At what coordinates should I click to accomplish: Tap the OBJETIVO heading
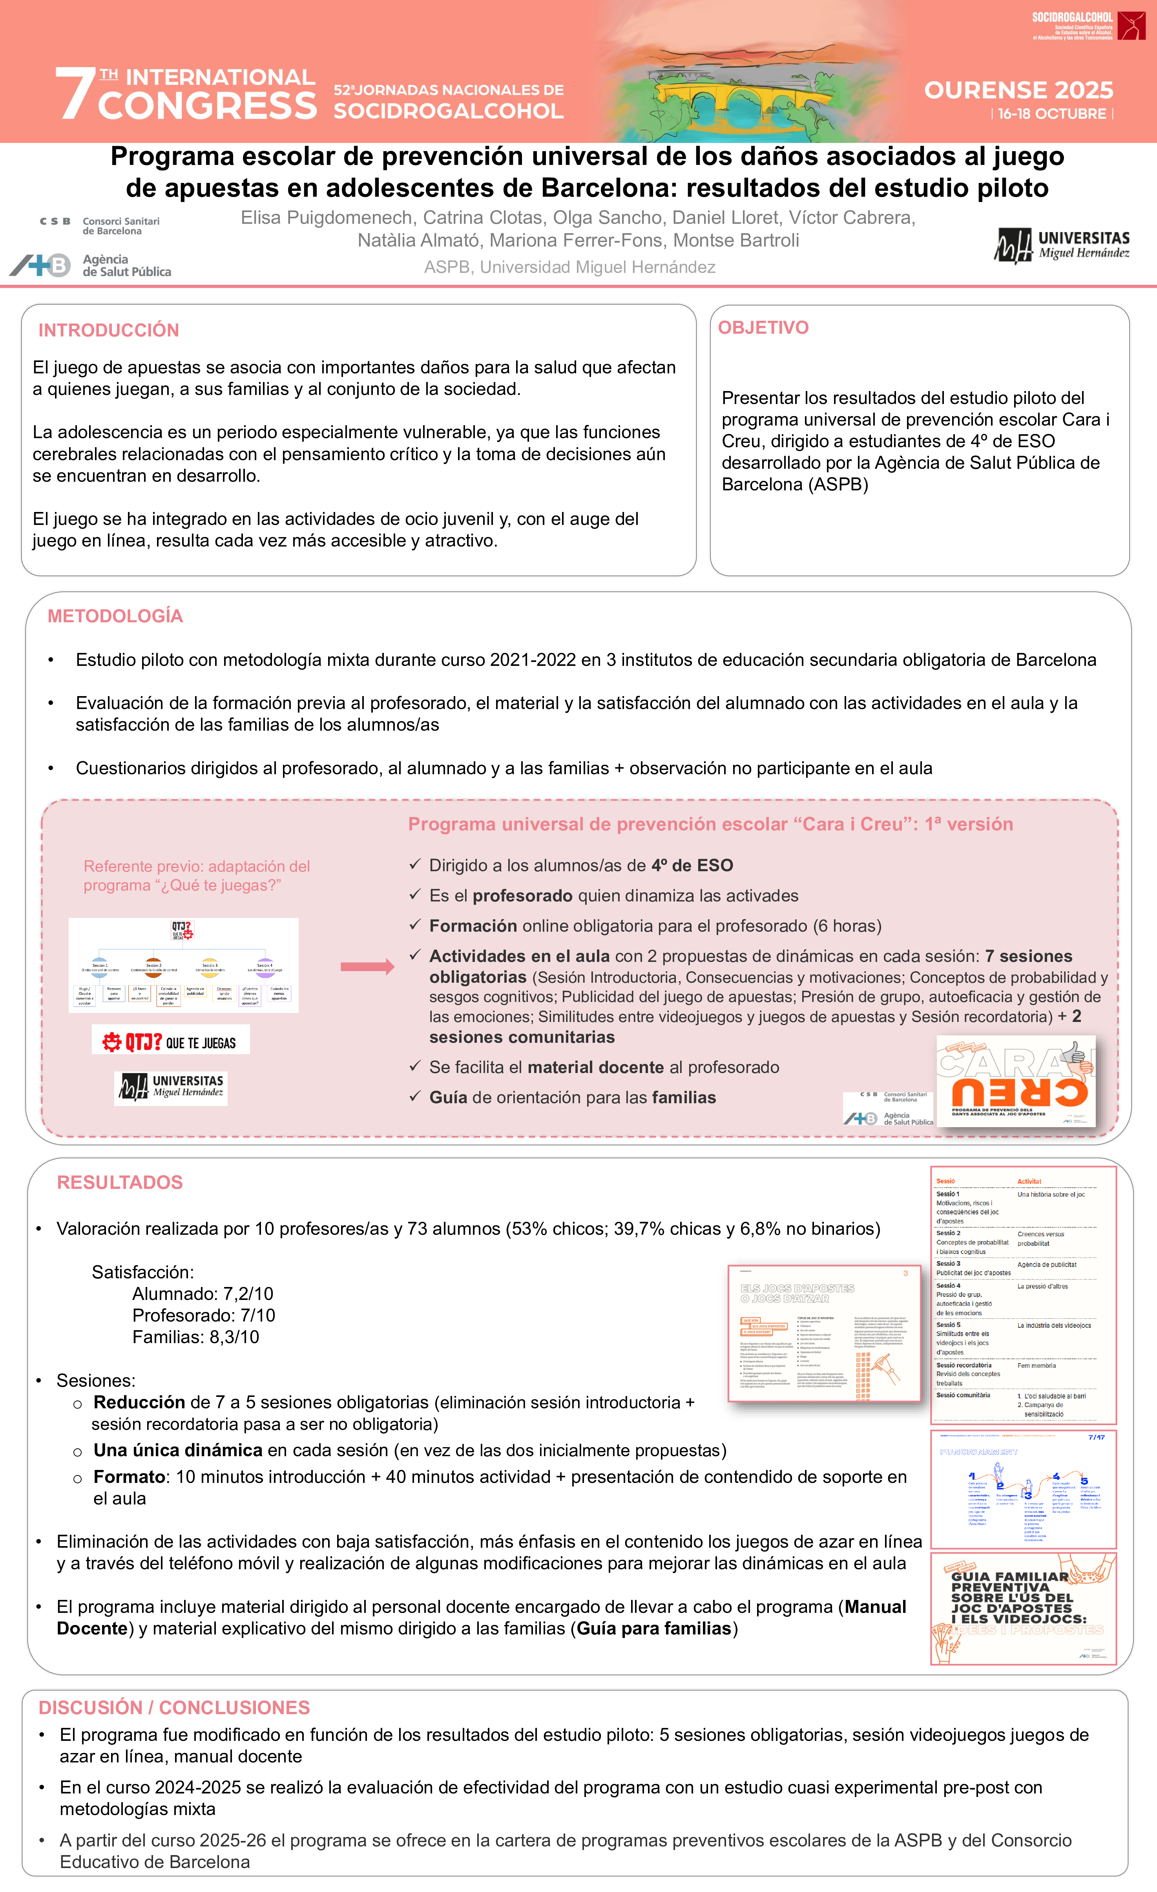click(x=763, y=328)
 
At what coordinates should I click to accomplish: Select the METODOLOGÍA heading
click(x=115, y=616)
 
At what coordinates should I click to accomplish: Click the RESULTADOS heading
click(x=120, y=1183)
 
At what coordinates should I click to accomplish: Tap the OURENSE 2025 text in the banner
click(x=1018, y=91)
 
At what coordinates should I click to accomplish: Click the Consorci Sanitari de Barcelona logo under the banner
click(x=100, y=226)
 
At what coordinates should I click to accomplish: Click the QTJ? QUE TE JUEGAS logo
click(x=170, y=1041)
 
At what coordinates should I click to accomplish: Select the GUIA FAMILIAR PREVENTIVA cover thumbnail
click(x=1023, y=1608)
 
